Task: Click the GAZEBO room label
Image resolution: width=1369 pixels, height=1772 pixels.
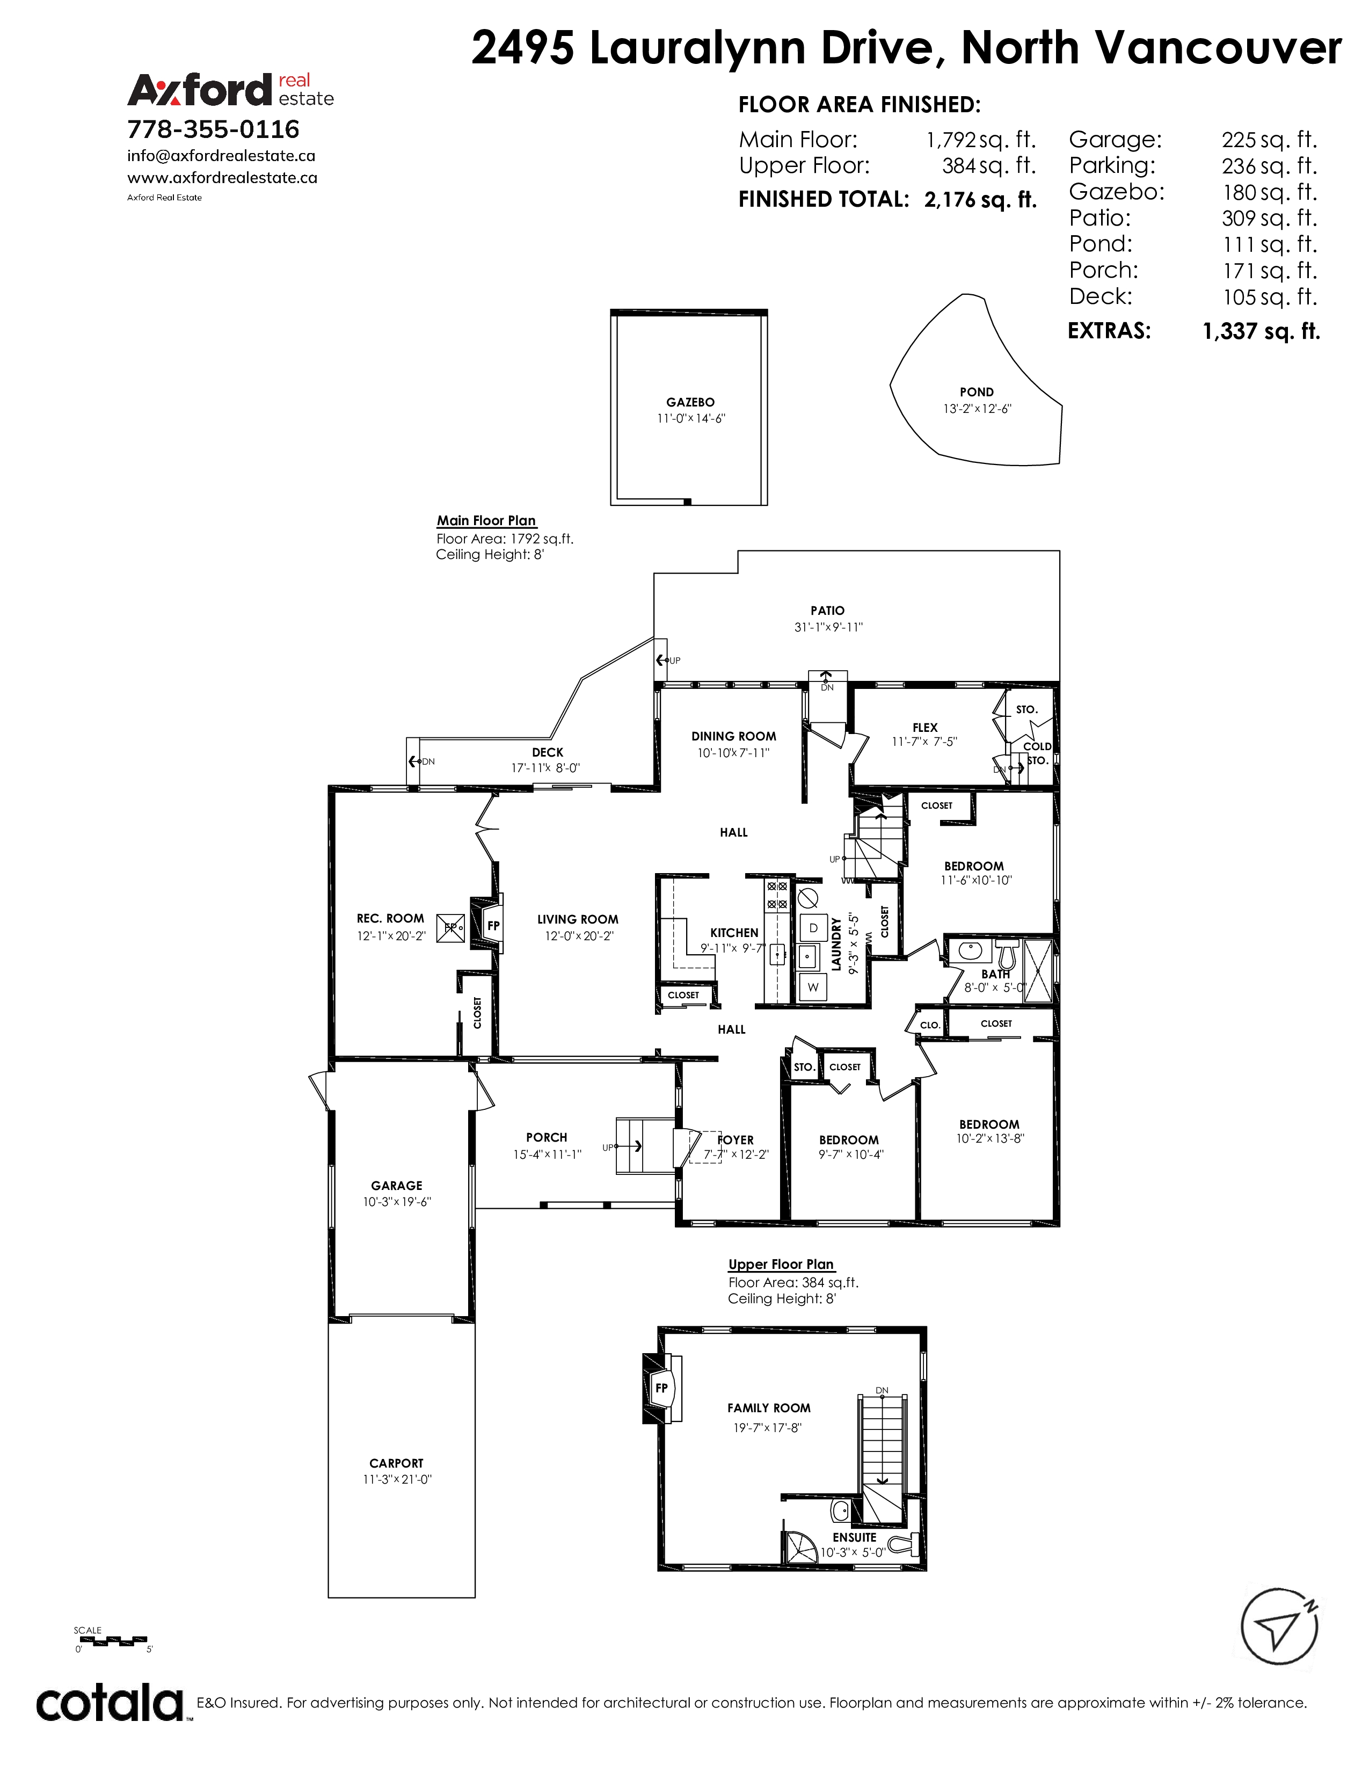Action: click(x=690, y=402)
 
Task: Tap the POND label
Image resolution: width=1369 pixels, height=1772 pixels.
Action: click(x=977, y=392)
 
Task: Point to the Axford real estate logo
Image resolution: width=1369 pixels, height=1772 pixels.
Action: click(x=230, y=89)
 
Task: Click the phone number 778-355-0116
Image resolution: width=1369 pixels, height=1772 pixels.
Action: click(x=213, y=129)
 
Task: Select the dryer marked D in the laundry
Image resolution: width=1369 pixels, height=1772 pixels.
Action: click(x=813, y=927)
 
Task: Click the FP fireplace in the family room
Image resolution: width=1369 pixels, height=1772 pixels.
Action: click(x=661, y=1388)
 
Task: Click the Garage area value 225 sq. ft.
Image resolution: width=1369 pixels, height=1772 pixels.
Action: click(x=1269, y=140)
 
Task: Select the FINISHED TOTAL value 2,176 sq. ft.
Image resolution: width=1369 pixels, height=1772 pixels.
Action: click(x=980, y=200)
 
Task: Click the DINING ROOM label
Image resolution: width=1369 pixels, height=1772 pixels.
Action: click(x=734, y=736)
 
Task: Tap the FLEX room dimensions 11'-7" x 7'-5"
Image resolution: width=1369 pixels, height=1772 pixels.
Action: click(x=924, y=742)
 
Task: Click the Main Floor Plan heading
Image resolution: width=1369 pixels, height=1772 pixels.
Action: click(x=486, y=521)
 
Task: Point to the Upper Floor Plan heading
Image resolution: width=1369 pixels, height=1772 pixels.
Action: click(x=781, y=1264)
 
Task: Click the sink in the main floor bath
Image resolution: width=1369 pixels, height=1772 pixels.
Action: click(x=970, y=949)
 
